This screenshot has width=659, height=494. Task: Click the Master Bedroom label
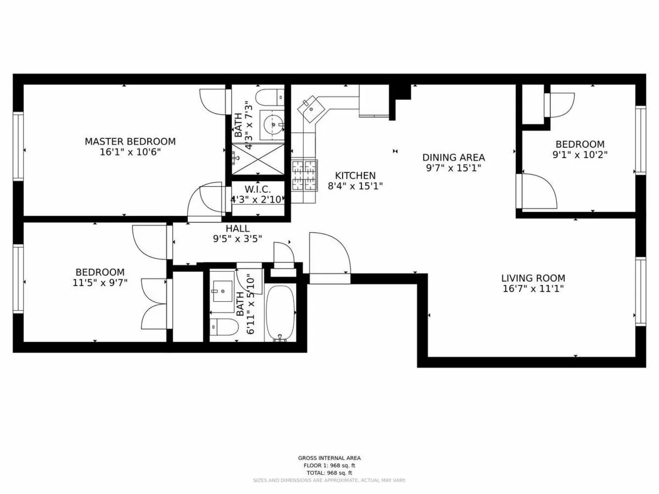click(x=130, y=142)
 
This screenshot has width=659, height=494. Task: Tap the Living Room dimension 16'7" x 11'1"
click(x=533, y=289)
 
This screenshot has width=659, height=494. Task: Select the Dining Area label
click(x=454, y=158)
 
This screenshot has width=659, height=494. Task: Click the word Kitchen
click(x=355, y=176)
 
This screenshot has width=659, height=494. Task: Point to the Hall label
click(x=237, y=228)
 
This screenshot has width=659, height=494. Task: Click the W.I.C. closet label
click(x=258, y=189)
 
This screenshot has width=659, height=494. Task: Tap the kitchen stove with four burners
click(x=304, y=175)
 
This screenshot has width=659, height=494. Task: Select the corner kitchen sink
click(x=311, y=108)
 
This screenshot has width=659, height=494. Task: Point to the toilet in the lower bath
click(x=224, y=328)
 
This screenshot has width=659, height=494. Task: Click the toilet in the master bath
click(x=270, y=97)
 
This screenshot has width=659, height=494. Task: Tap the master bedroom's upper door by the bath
click(x=213, y=101)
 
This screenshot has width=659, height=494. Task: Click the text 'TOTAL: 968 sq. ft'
click(x=329, y=473)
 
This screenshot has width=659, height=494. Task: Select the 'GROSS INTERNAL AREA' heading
click(x=329, y=458)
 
